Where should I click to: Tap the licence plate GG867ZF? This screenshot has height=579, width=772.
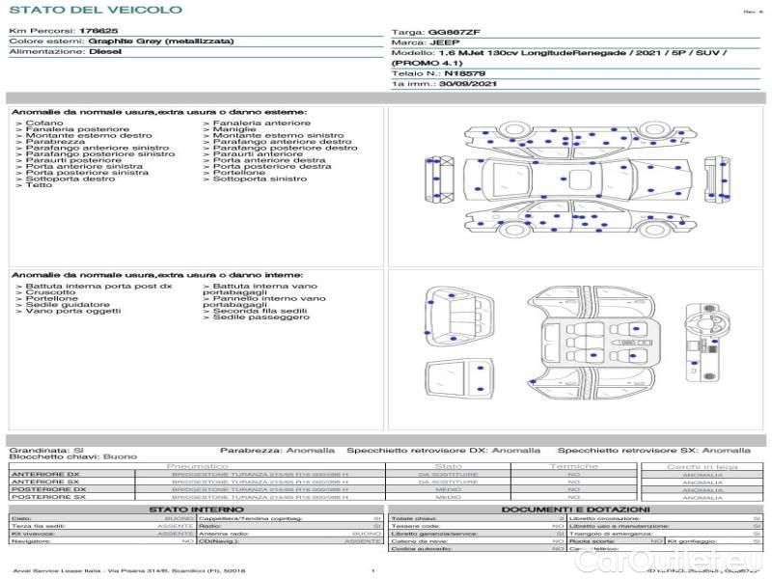[453, 32]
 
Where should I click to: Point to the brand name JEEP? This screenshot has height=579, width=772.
[445, 42]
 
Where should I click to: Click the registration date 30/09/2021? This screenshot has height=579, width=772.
[470, 83]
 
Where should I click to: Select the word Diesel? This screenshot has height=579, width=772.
[104, 52]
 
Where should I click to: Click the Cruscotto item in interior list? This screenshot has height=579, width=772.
[50, 292]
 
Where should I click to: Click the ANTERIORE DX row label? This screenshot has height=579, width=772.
[45, 475]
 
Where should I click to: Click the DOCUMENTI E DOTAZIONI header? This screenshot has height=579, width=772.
[575, 509]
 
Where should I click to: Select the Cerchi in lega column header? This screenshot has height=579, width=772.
[702, 466]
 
